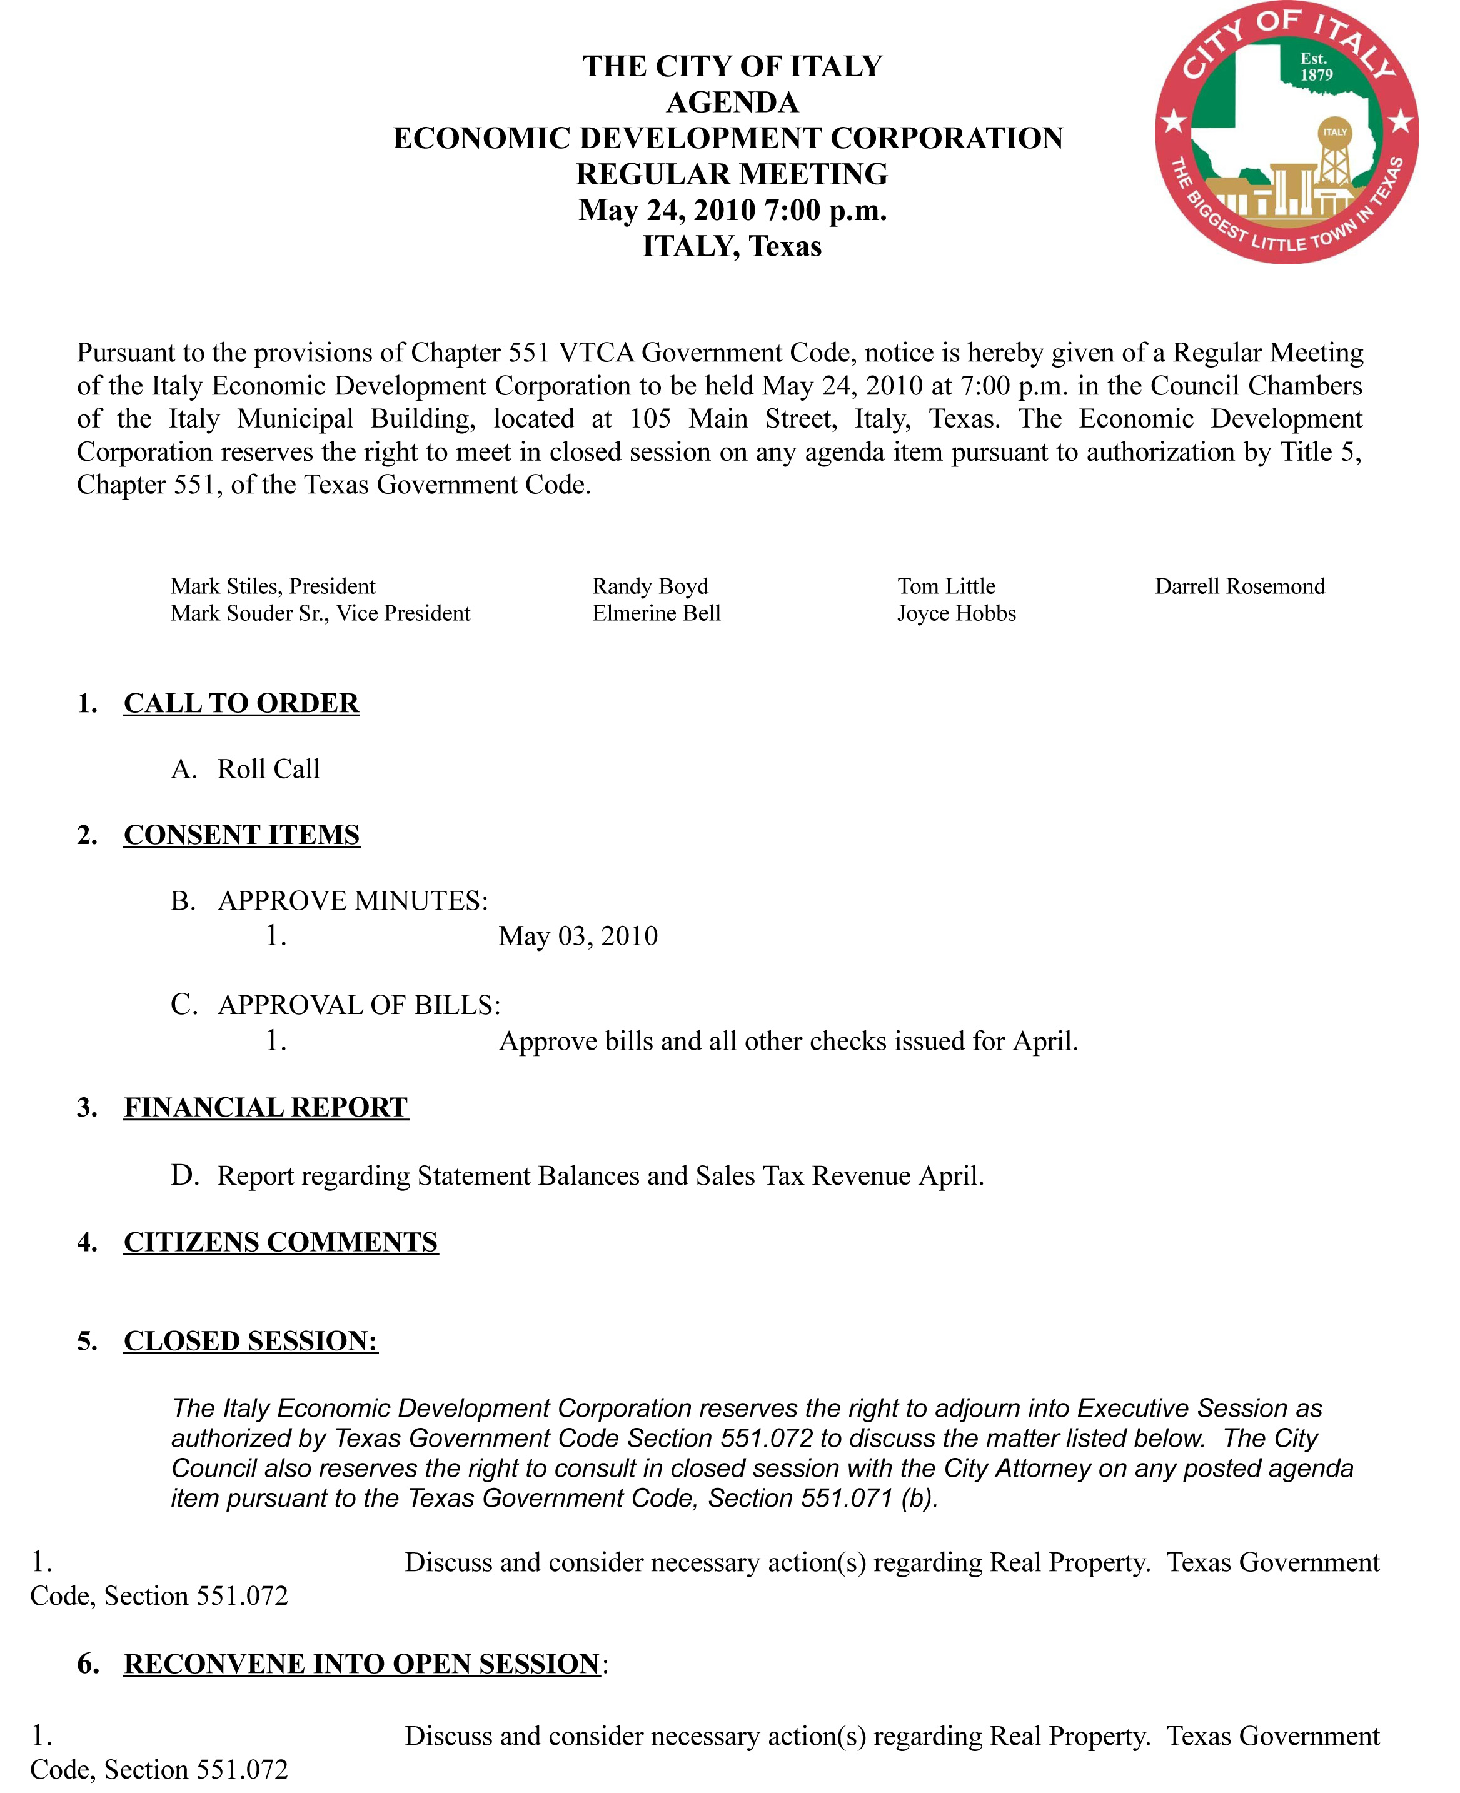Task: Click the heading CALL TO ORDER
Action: (241, 703)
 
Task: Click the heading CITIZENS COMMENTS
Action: (281, 1242)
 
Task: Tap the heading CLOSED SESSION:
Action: (251, 1340)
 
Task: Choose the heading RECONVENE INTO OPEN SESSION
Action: (361, 1664)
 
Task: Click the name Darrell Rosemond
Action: (1240, 586)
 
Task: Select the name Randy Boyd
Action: (650, 586)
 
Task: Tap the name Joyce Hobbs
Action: (956, 613)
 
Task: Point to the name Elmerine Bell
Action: (656, 613)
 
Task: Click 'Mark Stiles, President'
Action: (273, 586)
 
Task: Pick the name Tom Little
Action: (946, 586)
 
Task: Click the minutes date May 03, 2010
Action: (578, 936)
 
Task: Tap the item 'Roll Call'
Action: (268, 769)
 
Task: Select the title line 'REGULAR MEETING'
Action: (732, 174)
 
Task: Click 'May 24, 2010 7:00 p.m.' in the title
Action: (732, 210)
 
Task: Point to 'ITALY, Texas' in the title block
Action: (732, 246)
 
